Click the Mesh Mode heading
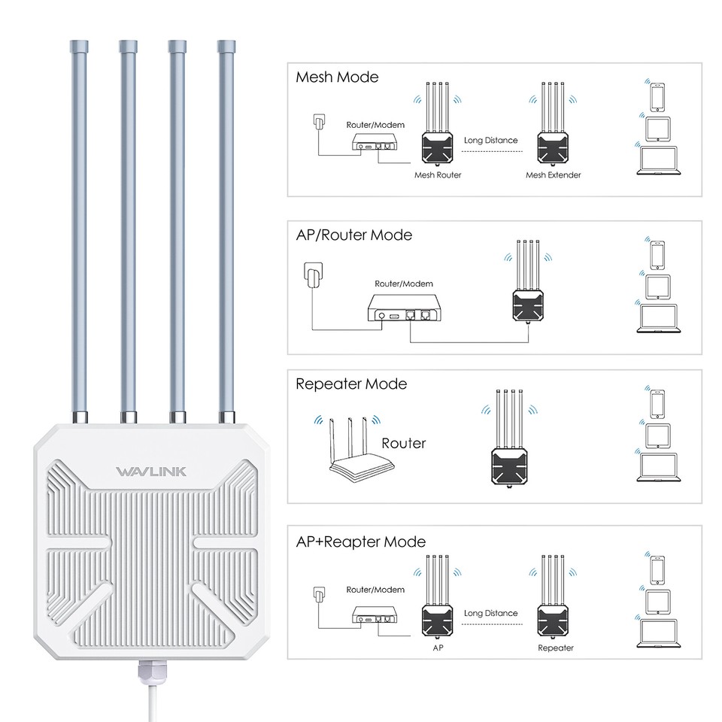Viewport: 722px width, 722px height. pos(337,77)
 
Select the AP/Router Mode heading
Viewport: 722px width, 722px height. pos(353,235)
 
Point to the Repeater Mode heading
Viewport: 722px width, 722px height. pos(350,384)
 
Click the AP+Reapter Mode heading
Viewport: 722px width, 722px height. pos(360,541)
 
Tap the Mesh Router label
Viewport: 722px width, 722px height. pos(438,174)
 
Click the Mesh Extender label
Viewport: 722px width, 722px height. pos(553,174)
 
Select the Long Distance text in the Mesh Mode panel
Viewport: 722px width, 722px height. pos(491,140)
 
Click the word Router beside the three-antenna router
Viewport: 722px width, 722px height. pos(403,443)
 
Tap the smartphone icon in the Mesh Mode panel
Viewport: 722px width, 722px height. pos(655,94)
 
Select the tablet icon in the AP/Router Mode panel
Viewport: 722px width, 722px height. pos(657,285)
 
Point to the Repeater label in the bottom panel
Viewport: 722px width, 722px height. pos(556,648)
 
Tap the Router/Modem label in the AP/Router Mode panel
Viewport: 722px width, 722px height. pos(404,284)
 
